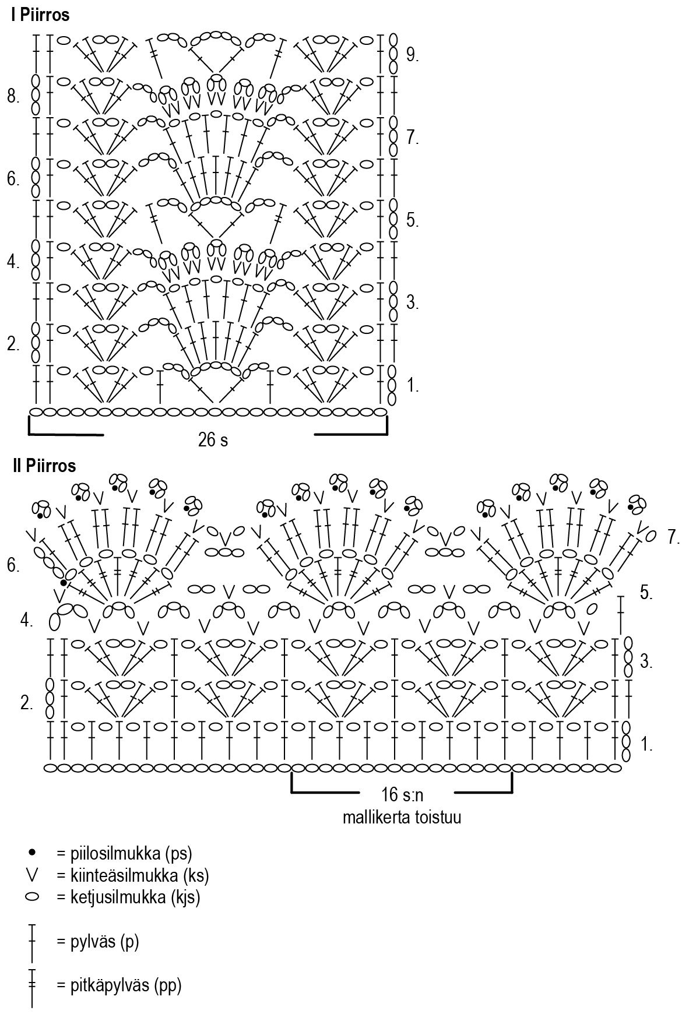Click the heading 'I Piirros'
(40, 16)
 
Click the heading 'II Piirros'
(44, 466)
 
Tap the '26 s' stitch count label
(213, 441)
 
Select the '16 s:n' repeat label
(402, 794)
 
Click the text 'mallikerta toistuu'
(402, 817)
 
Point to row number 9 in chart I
(413, 55)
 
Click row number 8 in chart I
(13, 97)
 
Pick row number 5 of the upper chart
(413, 220)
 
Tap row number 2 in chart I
(13, 344)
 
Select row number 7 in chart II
(674, 537)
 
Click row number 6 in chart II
(13, 565)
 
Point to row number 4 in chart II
(26, 621)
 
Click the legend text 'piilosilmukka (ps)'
(124, 853)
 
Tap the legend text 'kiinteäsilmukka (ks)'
(132, 875)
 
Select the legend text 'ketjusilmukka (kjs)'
(128, 897)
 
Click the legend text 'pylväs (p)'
(98, 942)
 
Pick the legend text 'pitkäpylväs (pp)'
(119, 986)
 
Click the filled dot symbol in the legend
(32, 853)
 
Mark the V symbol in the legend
(32, 874)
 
